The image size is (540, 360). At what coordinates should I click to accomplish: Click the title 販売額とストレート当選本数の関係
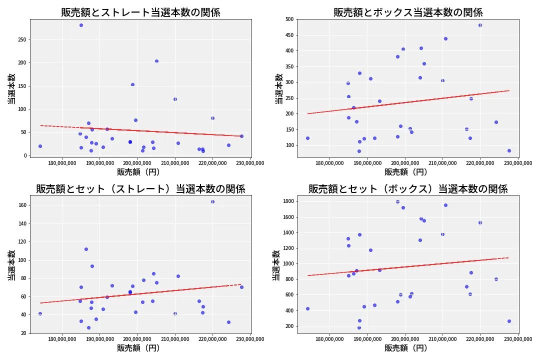pos(140,12)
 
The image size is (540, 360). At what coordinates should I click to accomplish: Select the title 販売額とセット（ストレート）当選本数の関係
pos(140,189)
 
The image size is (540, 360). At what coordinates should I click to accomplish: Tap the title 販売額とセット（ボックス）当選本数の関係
pos(408,189)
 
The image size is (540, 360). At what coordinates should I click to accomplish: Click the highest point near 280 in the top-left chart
pos(81,25)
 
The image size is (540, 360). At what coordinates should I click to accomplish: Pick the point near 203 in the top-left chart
pos(156,61)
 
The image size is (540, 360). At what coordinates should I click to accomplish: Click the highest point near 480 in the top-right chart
pos(480,25)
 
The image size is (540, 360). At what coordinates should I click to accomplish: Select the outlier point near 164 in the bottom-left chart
pos(212,201)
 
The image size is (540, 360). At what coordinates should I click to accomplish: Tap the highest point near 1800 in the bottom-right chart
pos(397,201)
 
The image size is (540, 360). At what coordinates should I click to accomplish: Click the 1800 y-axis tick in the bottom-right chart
pos(287,201)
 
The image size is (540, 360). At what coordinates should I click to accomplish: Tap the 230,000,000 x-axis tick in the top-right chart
pos(517,162)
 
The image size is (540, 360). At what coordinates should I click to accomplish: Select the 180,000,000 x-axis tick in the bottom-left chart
pos(62,338)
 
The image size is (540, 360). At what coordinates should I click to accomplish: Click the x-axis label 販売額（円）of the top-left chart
pos(138,171)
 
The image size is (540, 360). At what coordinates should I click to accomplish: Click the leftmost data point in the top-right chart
pos(307,138)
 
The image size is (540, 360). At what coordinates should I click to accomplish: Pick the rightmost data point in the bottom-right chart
pos(509,321)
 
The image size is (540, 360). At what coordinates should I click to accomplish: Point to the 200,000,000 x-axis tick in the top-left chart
pos(137,162)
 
